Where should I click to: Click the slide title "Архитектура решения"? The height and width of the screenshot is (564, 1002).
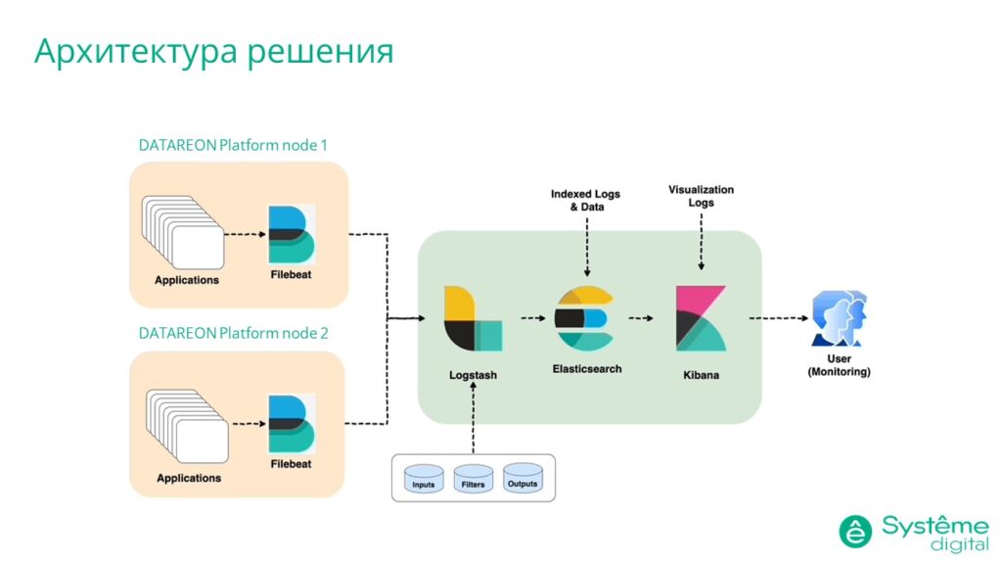tap(213, 51)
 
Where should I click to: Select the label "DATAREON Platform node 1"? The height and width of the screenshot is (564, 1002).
tap(233, 145)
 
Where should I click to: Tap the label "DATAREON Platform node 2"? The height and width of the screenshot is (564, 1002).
tap(233, 333)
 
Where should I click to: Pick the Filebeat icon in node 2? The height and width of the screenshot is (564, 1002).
tap(291, 423)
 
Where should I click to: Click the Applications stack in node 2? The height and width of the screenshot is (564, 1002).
tap(186, 427)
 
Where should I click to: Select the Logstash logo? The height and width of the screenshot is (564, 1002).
tap(472, 318)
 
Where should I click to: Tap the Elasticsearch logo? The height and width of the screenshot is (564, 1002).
tap(584, 318)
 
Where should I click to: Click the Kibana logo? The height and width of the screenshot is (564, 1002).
tap(701, 318)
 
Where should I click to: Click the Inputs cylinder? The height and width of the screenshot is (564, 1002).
tap(424, 479)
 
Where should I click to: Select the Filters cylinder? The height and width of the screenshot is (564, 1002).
tap(473, 479)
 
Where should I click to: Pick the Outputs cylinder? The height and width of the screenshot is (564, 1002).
tap(522, 478)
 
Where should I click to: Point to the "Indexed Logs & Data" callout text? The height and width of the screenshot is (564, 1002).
tap(585, 201)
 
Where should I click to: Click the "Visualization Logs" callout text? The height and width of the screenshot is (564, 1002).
tap(701, 196)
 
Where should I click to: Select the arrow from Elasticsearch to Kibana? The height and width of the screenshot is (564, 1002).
tap(641, 318)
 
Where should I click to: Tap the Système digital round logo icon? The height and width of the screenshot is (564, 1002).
tap(855, 531)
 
